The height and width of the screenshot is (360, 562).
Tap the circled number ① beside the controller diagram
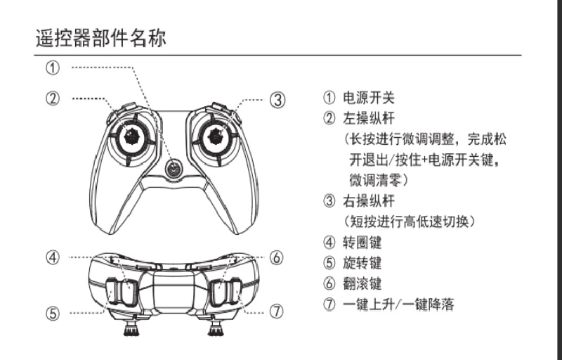click(x=52, y=68)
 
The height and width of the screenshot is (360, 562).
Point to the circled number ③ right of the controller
click(x=278, y=99)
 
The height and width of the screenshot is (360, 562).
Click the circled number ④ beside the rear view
click(x=52, y=257)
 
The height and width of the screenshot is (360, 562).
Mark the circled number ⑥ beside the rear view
click(x=277, y=257)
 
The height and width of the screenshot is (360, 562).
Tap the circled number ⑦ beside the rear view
click(x=277, y=309)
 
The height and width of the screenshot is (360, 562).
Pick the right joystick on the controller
click(x=216, y=134)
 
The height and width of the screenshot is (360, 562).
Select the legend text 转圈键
click(x=362, y=243)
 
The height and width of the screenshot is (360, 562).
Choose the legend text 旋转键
click(x=362, y=264)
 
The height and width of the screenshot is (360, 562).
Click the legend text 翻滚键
click(x=362, y=284)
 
